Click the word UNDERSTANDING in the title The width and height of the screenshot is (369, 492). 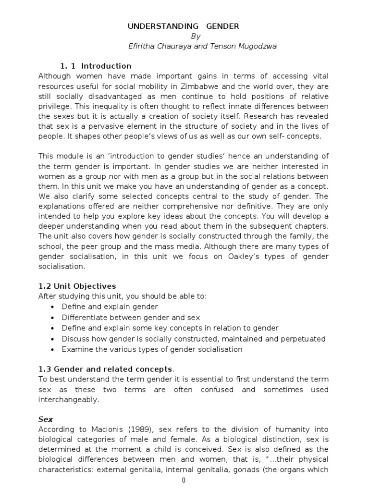156,26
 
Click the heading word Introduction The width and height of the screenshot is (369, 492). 106,66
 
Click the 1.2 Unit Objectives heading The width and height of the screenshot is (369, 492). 77,286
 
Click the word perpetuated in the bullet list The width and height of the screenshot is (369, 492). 304,339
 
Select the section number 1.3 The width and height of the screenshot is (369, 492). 44,369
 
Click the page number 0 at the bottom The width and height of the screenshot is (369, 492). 184,480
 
